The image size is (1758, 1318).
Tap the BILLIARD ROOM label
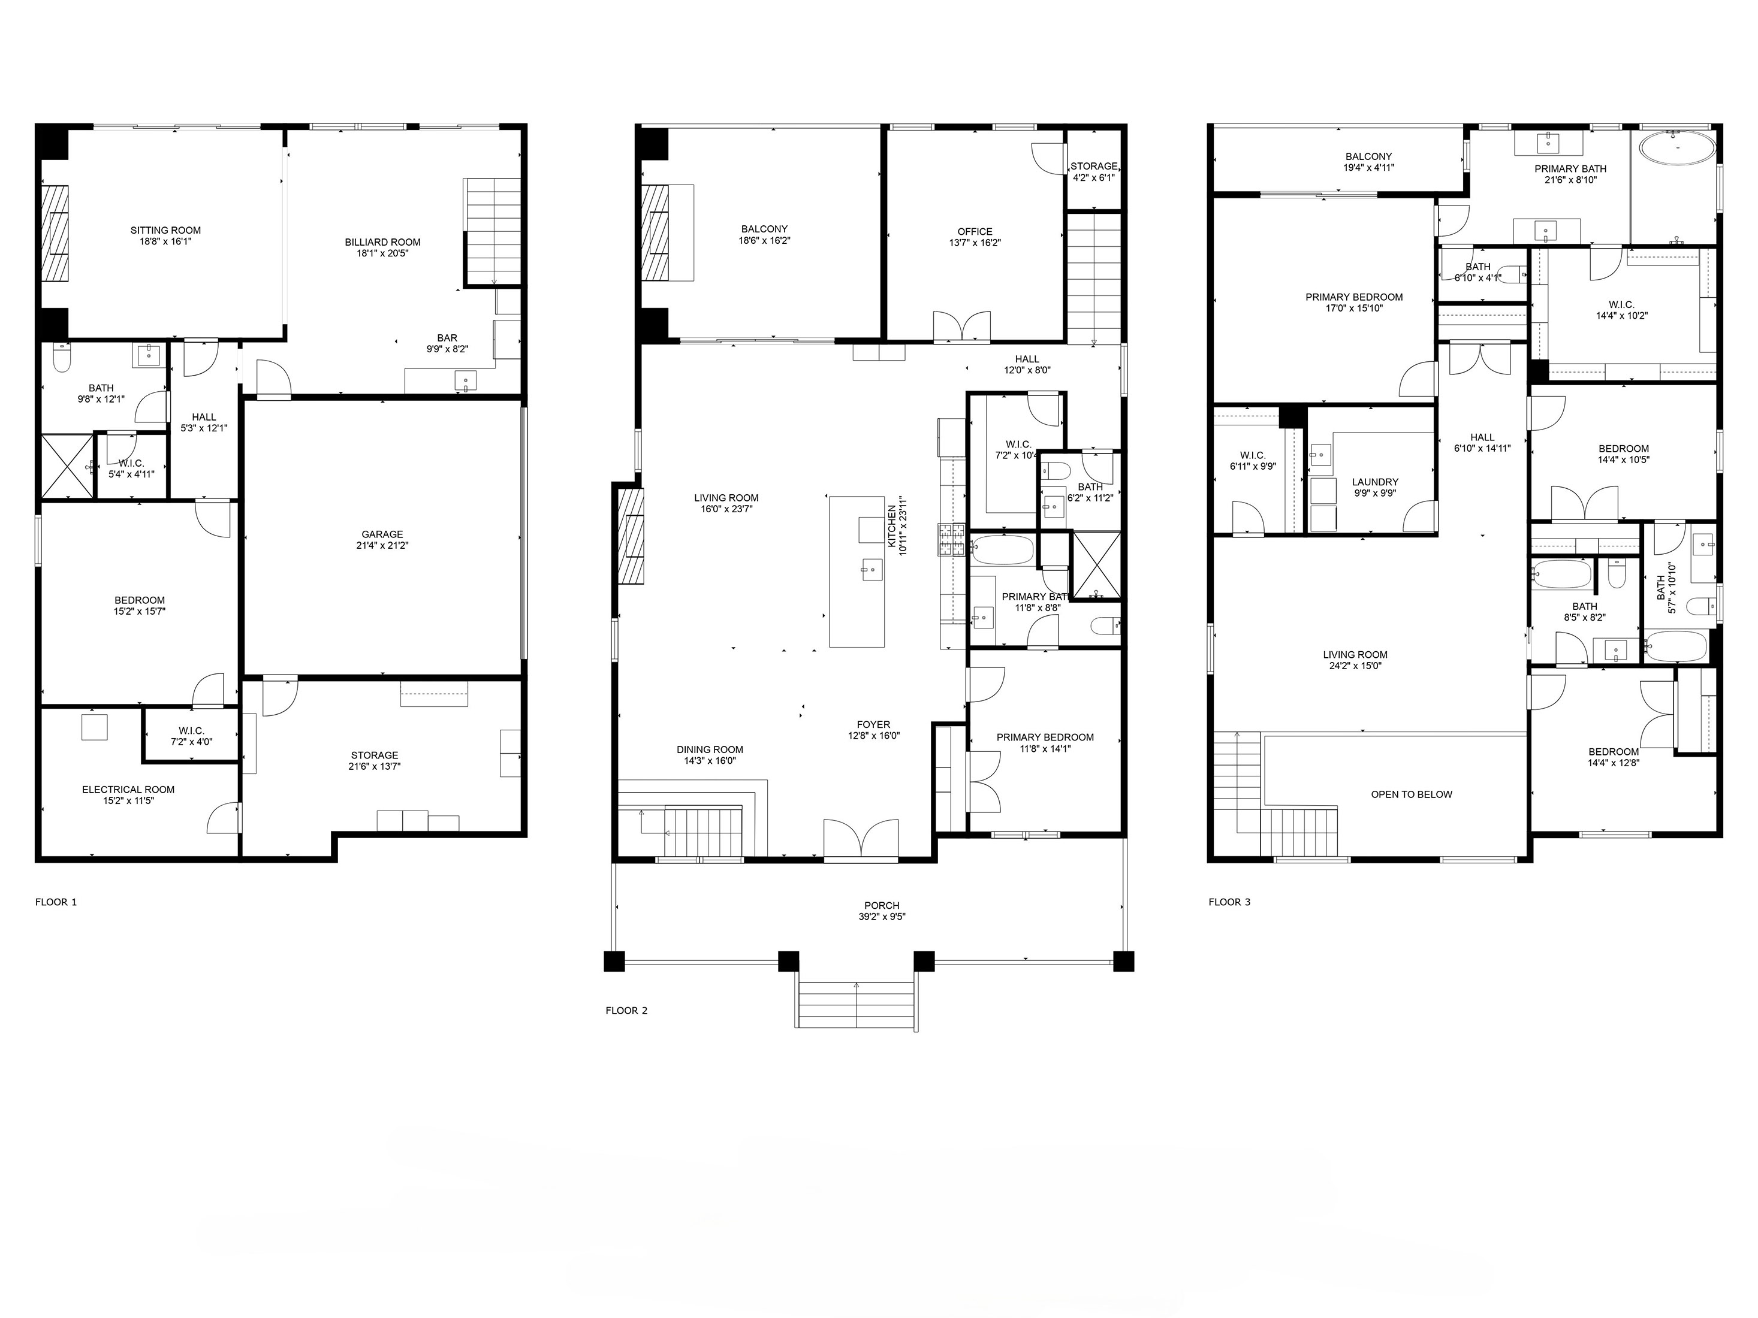pos(382,242)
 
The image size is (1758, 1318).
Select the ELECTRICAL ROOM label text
pos(128,790)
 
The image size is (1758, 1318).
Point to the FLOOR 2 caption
pos(626,1011)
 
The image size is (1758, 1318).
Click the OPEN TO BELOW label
pos(1411,794)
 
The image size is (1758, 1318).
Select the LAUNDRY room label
pos(1375,482)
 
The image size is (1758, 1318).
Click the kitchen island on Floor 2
pos(857,572)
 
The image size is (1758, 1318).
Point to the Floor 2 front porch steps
pos(856,1005)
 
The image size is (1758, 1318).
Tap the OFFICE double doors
pos(961,327)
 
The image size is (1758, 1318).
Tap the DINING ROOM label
pos(710,749)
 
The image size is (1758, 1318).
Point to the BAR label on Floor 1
pos(447,338)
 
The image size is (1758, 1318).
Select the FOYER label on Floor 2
pos(873,724)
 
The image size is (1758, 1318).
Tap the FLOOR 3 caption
pos(1229,902)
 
